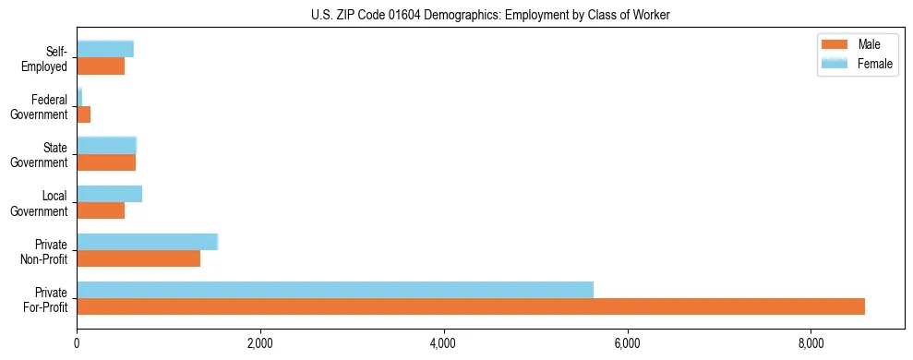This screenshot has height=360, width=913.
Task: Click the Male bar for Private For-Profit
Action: pyautogui.click(x=471, y=306)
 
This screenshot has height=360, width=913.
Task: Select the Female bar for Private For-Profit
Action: pyautogui.click(x=335, y=290)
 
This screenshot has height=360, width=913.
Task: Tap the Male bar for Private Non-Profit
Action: pyautogui.click(x=138, y=258)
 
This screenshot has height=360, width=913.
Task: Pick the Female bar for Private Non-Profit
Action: pyautogui.click(x=147, y=242)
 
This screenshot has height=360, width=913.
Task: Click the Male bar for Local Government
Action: pyautogui.click(x=101, y=210)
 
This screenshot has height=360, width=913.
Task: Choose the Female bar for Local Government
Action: pyautogui.click(x=109, y=194)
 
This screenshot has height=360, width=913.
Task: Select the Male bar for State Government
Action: pyautogui.click(x=106, y=162)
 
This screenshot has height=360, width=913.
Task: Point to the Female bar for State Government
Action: pyautogui.click(x=106, y=146)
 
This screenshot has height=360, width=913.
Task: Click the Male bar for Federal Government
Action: pyautogui.click(x=84, y=114)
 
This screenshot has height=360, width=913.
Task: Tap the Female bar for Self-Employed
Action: pyautogui.click(x=105, y=49)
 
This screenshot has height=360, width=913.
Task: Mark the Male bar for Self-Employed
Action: pyautogui.click(x=101, y=66)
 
